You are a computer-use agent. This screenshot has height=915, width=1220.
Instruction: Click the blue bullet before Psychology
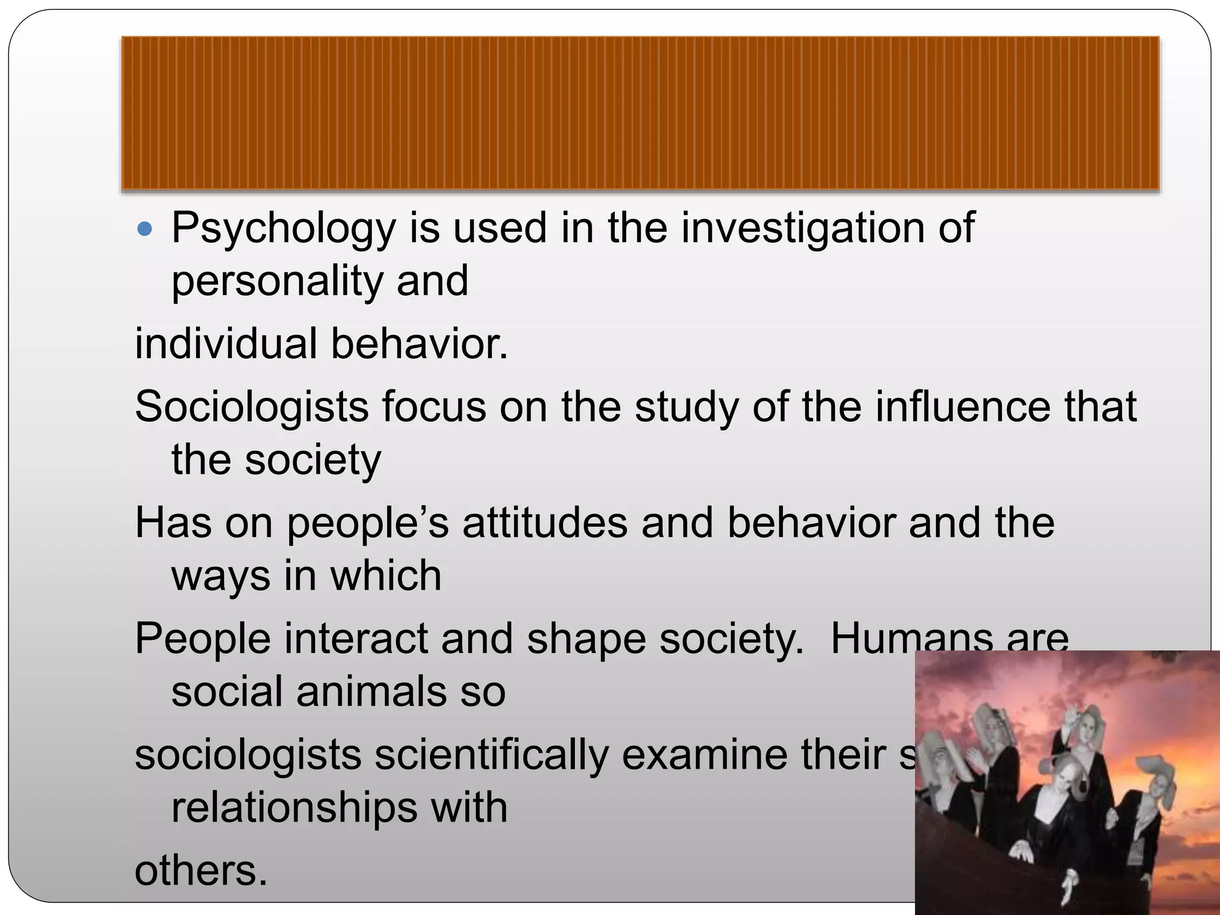pyautogui.click(x=145, y=228)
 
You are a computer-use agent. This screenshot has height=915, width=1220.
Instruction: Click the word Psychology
pyautogui.click(x=283, y=229)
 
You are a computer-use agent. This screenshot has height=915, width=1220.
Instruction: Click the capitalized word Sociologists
pyautogui.click(x=251, y=407)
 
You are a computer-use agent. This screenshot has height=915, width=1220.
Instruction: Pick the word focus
pyautogui.click(x=434, y=407)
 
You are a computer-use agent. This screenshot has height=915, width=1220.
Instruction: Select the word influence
pyautogui.click(x=963, y=407)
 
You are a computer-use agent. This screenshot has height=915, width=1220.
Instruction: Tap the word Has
pyautogui.click(x=173, y=523)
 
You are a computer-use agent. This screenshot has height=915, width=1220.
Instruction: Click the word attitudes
pyautogui.click(x=544, y=523)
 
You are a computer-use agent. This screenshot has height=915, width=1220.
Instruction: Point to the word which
pyautogui.click(x=385, y=576)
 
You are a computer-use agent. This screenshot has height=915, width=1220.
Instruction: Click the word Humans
pyautogui.click(x=911, y=639)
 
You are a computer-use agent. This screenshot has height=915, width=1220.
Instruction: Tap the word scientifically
pyautogui.click(x=492, y=755)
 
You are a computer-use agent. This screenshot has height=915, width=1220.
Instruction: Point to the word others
pyautogui.click(x=201, y=871)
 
